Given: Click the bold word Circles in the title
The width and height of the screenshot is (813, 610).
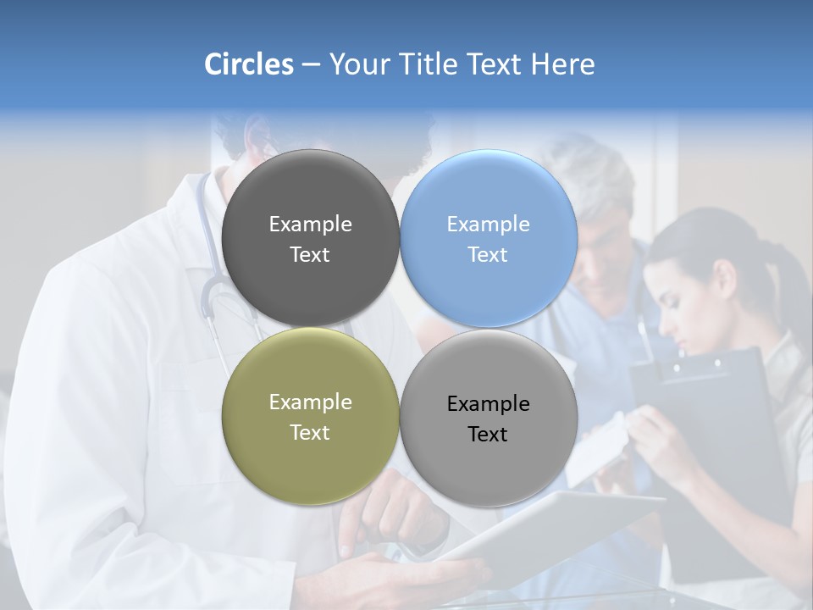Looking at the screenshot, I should click(248, 64).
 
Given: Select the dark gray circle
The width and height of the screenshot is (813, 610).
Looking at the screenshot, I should click(310, 238).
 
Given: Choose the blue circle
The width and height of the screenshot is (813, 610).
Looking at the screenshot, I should click(489, 238).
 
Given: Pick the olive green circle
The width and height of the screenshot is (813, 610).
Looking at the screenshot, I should click(310, 416).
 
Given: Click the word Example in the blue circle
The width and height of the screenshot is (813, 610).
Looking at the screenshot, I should click(488, 225).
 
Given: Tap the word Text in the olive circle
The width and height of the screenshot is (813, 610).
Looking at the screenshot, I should click(310, 432).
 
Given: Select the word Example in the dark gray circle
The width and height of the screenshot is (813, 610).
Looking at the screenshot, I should click(310, 225).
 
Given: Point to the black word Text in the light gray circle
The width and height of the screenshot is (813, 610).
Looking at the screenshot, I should click(488, 435).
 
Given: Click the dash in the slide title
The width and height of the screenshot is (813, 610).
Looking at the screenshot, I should click(311, 64).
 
